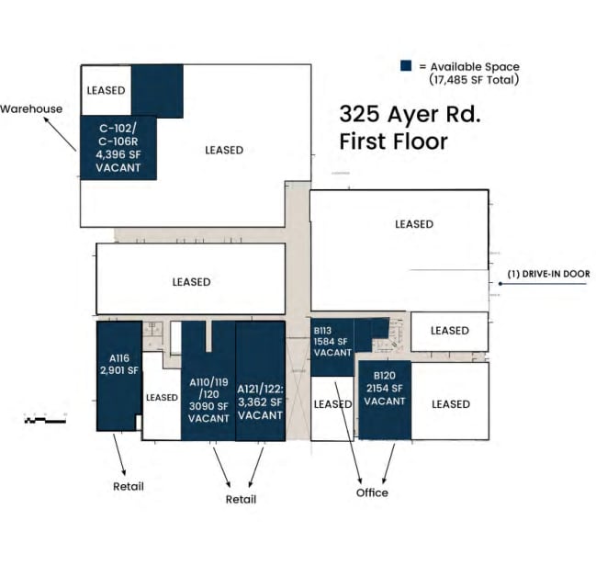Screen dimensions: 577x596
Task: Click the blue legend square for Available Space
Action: click(406, 66)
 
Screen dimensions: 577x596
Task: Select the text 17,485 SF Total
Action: click(474, 80)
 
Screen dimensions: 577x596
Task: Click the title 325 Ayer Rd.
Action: click(410, 115)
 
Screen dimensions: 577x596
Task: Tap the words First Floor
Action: click(393, 141)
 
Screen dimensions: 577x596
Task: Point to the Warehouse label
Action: click(31, 108)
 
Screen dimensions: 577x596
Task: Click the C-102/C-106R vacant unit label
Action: click(118, 149)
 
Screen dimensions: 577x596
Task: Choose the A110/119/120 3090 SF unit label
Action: click(208, 400)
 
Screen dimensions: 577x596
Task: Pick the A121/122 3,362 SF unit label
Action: click(260, 402)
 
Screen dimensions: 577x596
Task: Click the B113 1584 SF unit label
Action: click(332, 341)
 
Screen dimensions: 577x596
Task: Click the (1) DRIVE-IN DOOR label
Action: click(547, 274)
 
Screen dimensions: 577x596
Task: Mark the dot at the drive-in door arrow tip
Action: click(500, 284)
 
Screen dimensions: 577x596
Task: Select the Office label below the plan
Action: click(372, 492)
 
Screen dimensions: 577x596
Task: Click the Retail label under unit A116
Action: click(129, 486)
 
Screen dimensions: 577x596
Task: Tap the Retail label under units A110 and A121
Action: click(241, 499)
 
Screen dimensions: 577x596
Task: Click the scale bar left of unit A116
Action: click(45, 420)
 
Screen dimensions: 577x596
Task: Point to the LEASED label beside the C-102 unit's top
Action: click(105, 91)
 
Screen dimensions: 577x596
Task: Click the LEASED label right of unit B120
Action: click(450, 404)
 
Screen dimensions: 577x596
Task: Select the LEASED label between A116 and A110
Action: click(162, 398)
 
